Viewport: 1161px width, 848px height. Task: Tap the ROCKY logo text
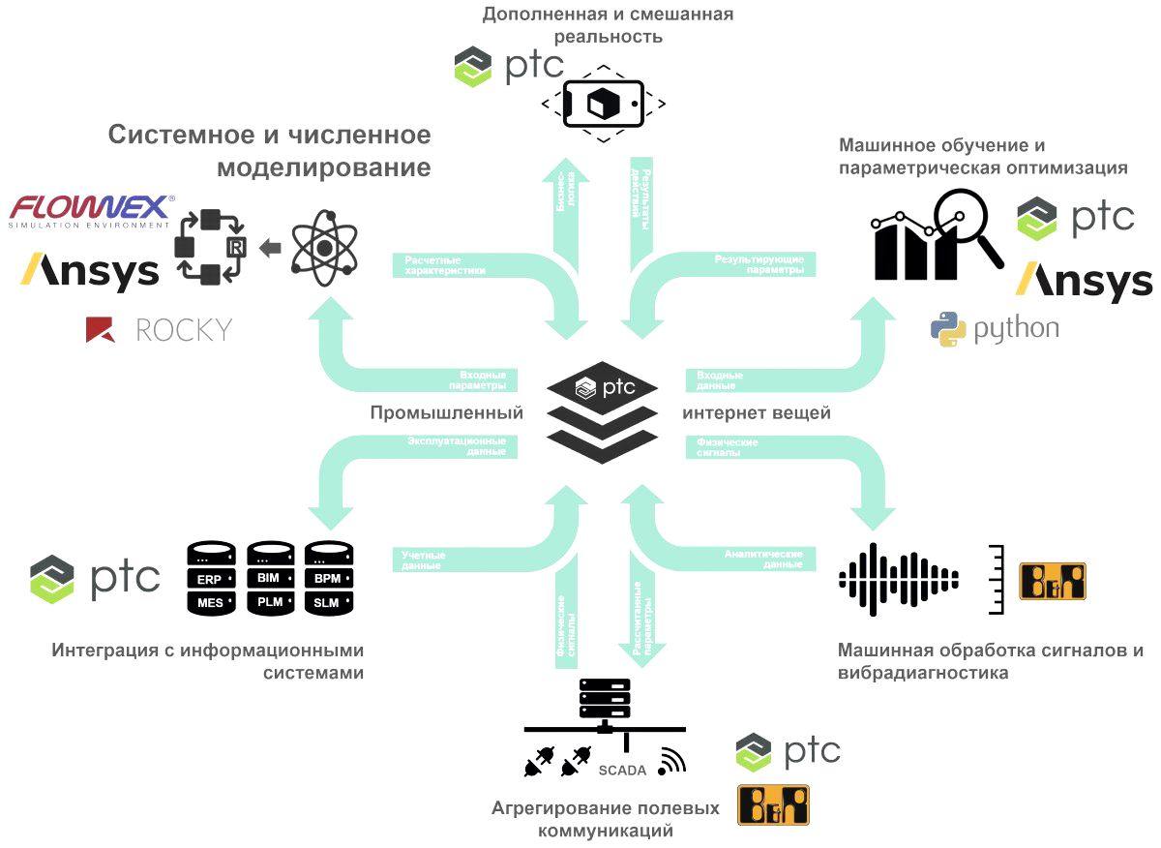tap(184, 330)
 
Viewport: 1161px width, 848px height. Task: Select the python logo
tap(995, 329)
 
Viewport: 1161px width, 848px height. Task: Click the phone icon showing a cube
tap(603, 104)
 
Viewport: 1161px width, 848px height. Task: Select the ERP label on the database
tap(210, 579)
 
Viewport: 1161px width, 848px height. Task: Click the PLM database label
tap(270, 602)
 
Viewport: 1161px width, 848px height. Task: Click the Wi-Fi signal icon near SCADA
tap(670, 762)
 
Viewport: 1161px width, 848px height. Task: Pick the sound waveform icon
tap(898, 580)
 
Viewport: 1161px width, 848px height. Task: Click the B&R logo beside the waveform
tap(1053, 581)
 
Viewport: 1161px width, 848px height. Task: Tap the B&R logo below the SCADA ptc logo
tap(773, 804)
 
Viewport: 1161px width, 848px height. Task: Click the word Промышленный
tap(446, 413)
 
